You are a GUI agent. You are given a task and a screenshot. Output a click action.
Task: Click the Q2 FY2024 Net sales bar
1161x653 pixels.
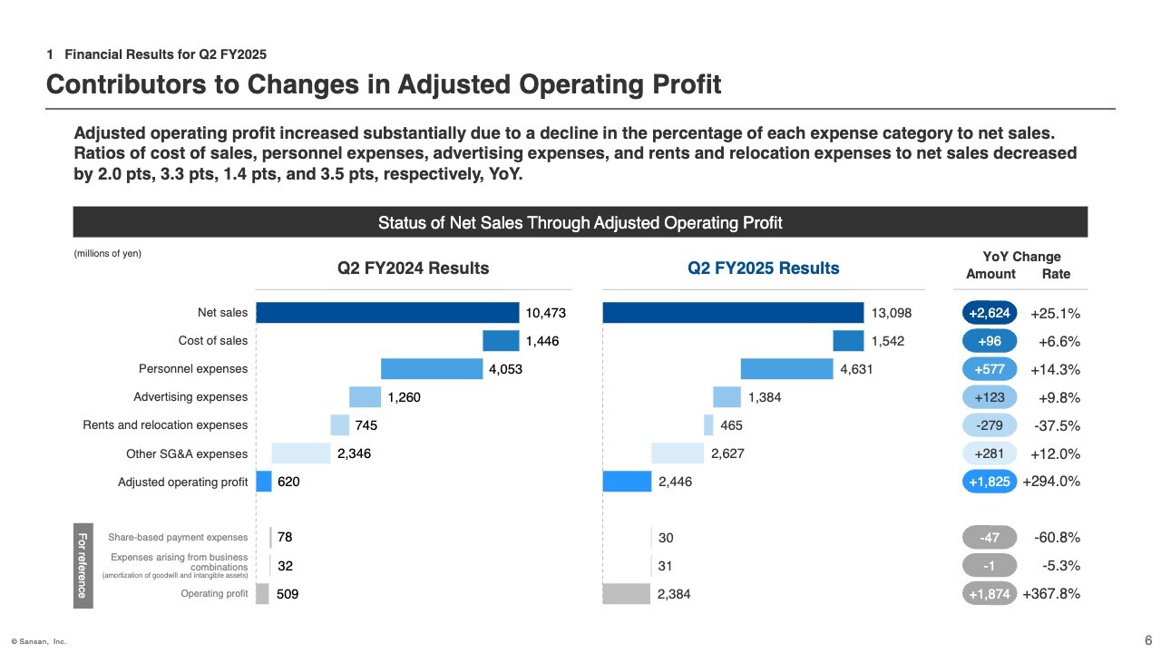point(387,313)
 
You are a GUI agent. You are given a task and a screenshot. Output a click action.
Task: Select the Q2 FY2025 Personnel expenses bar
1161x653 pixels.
point(786,369)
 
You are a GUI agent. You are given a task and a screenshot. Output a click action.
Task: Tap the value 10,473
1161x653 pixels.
point(546,313)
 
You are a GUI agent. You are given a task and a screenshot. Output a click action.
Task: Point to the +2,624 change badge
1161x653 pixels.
point(990,314)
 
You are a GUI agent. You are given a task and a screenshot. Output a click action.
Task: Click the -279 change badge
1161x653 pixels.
point(990,425)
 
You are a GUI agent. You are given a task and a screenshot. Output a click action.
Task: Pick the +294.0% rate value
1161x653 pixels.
point(1051,482)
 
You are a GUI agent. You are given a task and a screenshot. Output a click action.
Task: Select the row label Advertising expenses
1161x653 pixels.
point(190,397)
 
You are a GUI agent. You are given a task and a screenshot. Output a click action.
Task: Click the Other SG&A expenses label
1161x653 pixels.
point(187,453)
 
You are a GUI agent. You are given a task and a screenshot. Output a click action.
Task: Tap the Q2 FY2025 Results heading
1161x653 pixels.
point(764,268)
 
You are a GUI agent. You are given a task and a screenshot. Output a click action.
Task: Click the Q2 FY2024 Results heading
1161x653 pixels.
point(414,268)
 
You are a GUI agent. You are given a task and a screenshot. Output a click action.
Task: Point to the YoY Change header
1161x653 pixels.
point(1021,257)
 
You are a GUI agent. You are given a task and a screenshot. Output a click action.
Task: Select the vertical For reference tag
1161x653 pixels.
point(82,566)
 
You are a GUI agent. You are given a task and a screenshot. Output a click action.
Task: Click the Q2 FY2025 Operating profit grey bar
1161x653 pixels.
point(627,594)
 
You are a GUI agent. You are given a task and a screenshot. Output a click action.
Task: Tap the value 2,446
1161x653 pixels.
point(676,482)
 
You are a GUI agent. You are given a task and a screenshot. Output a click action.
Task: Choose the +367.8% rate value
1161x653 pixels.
point(1051,594)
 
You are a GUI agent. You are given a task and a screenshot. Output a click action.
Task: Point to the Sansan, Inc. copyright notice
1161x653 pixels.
point(39,641)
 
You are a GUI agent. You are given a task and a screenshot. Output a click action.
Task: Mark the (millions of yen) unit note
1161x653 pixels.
point(107,254)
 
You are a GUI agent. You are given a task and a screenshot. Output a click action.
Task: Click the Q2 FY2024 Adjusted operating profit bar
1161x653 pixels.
point(264,482)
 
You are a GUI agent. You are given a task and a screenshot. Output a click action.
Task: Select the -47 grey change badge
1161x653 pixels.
point(990,538)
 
